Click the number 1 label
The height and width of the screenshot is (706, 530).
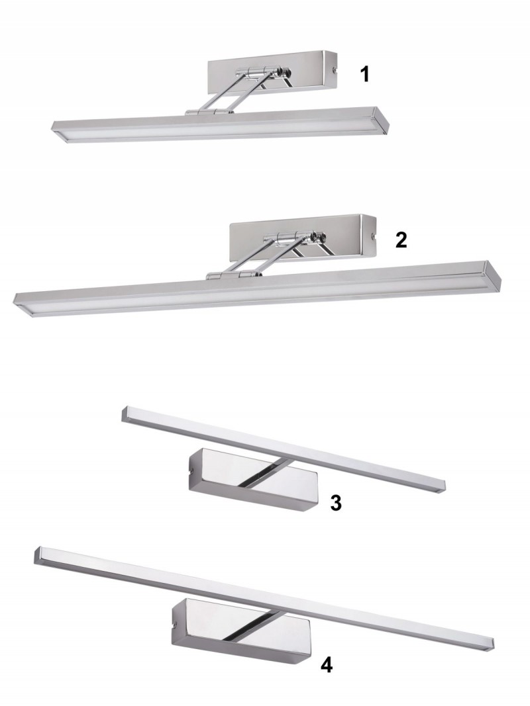(365, 74)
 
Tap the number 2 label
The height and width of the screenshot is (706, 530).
(401, 240)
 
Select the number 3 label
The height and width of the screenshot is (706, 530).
(336, 502)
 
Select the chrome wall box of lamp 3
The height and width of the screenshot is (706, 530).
(253, 480)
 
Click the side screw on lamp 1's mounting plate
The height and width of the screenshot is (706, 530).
(334, 69)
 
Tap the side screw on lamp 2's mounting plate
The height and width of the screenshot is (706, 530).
(373, 236)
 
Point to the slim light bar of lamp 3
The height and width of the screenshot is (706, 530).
(284, 449)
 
